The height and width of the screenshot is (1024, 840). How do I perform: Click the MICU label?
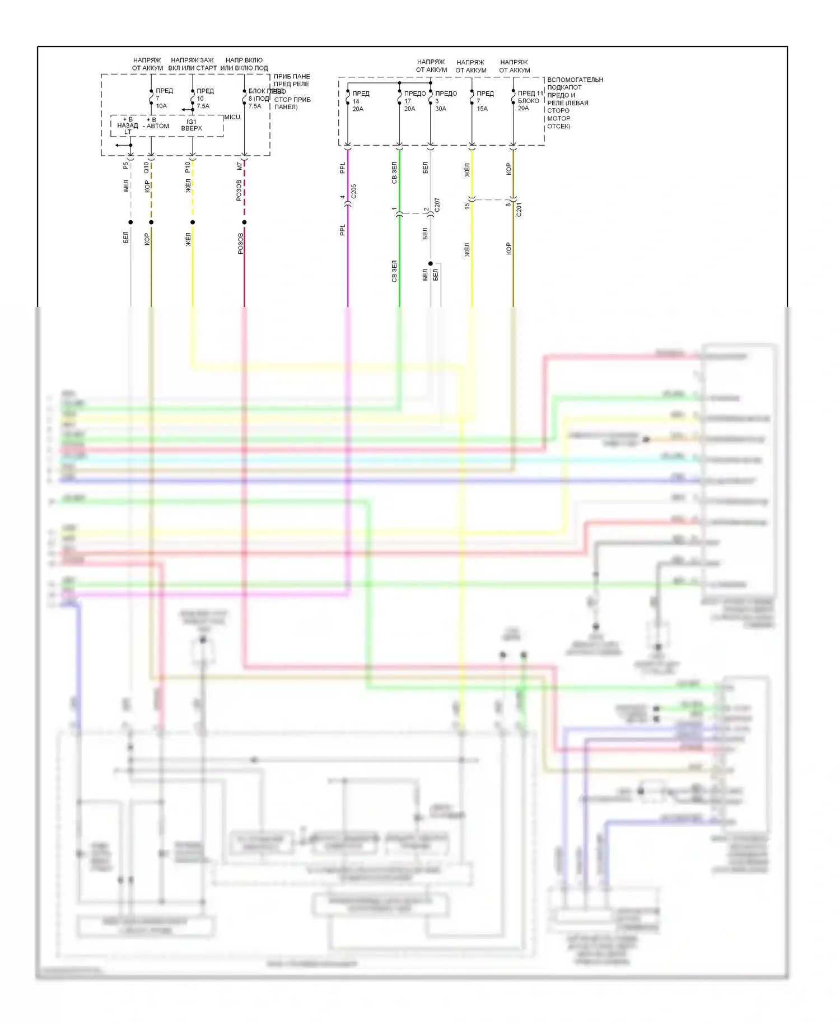(232, 117)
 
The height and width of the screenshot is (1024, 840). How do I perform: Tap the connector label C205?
(353, 192)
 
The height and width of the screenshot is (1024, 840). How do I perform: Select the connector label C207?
(437, 204)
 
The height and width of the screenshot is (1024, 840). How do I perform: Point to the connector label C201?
(519, 210)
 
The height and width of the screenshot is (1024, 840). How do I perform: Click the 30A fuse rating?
(441, 109)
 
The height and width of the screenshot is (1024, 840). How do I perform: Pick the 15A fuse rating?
(482, 109)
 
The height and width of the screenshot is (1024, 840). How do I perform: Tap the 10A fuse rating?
(161, 106)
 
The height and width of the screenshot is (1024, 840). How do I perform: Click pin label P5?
(125, 166)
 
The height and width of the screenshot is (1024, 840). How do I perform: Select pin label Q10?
(146, 167)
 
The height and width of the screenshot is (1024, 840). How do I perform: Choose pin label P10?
(188, 167)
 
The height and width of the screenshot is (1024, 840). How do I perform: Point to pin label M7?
(240, 166)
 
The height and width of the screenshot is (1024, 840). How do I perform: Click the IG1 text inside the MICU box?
(192, 122)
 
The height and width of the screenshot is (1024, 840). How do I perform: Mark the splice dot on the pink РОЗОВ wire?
(244, 222)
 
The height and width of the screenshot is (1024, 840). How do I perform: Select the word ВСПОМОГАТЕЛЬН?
(575, 80)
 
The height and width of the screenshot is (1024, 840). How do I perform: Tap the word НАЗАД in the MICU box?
(128, 125)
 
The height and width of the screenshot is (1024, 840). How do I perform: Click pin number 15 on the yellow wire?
(467, 206)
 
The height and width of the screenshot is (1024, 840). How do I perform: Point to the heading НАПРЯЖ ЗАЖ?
(192, 60)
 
